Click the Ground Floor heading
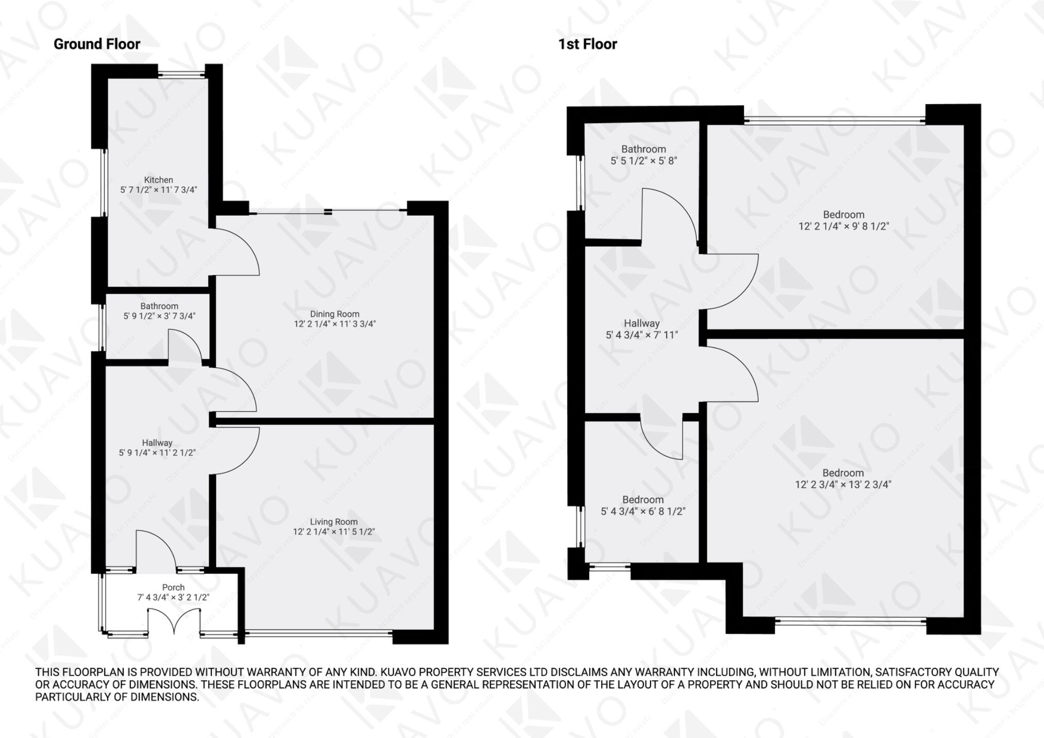97,44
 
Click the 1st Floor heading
587,44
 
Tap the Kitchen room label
158,180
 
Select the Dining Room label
335,314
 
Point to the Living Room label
334,522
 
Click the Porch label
173,587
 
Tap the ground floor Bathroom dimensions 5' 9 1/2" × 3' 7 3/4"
159,316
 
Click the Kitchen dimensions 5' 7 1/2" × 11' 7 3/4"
158,190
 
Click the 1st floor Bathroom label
643,149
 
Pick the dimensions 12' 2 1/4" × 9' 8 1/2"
843,226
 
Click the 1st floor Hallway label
642,323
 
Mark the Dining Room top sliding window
328,211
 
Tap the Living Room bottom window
318,633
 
